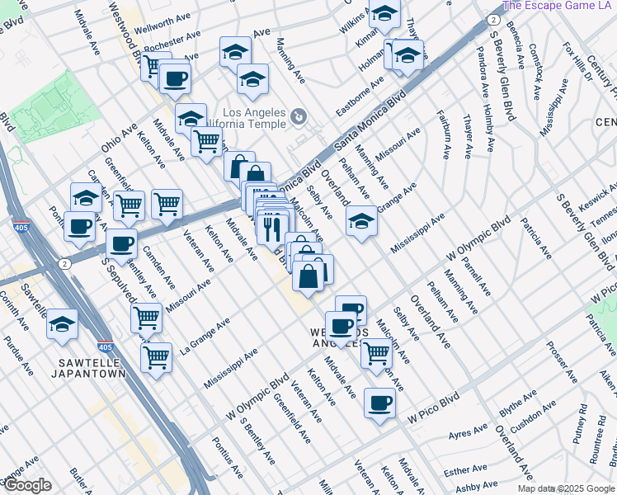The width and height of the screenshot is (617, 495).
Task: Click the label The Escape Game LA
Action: (558, 5)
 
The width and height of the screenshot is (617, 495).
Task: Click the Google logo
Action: (26, 485)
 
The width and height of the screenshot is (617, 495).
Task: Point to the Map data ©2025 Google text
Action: (566, 488)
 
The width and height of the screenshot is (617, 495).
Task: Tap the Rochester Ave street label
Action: (172, 41)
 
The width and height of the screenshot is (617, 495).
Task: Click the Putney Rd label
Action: (582, 420)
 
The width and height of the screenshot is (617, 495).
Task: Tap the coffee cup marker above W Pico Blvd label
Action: (379, 403)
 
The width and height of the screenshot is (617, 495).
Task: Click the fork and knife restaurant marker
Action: (273, 226)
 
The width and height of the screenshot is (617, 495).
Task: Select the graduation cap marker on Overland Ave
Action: (361, 221)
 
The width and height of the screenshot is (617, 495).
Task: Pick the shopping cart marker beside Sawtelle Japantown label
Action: (156, 356)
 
